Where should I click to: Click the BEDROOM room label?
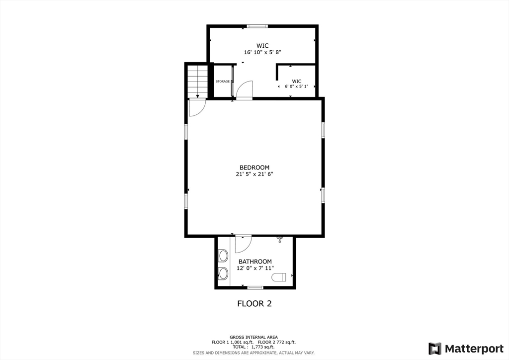click(x=254, y=168)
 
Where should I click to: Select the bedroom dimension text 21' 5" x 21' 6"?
click(x=254, y=175)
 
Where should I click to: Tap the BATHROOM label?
click(x=255, y=262)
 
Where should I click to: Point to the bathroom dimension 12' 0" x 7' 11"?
click(x=255, y=269)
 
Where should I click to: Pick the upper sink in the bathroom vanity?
click(x=223, y=256)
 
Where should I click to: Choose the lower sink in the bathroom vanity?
click(x=223, y=273)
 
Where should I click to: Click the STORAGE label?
click(x=223, y=82)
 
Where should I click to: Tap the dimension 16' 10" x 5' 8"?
click(x=262, y=52)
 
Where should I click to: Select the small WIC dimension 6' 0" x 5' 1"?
click(x=296, y=87)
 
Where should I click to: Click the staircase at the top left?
click(x=198, y=81)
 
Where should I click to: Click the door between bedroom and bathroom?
click(x=244, y=243)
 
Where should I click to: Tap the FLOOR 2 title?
click(x=254, y=303)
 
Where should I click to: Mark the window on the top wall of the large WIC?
click(x=257, y=26)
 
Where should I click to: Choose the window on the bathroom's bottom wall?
click(x=255, y=287)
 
